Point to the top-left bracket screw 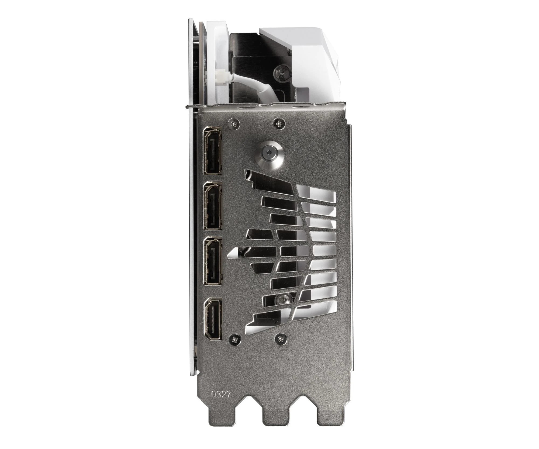click(233, 123)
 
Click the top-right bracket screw click(278, 123)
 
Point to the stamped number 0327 click(221, 395)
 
